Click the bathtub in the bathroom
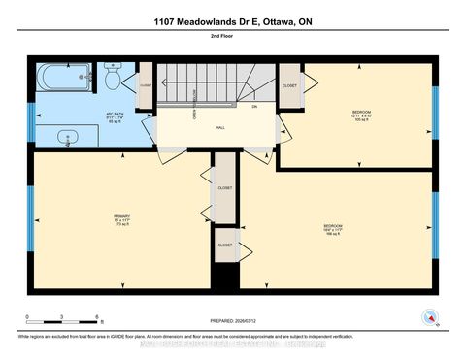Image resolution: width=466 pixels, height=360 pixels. click(x=64, y=77)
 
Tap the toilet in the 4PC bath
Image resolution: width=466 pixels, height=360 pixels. click(x=112, y=79)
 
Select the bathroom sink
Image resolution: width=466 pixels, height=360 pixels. click(x=67, y=137)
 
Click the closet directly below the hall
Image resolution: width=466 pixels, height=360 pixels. click(x=224, y=187)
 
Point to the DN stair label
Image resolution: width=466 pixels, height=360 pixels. click(x=254, y=106)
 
